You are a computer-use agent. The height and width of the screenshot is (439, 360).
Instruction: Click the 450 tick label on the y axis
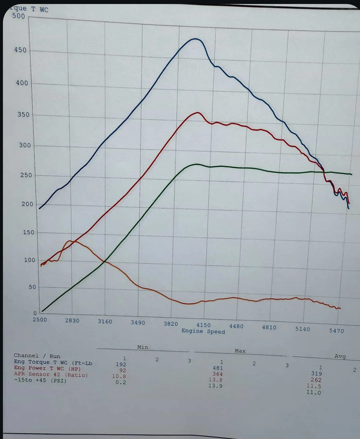[20, 50]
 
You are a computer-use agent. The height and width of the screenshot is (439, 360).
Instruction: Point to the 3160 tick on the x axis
[105, 322]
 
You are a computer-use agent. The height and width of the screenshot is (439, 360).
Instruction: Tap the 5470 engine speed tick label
[337, 331]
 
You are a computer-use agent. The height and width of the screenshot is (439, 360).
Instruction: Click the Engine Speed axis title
[203, 331]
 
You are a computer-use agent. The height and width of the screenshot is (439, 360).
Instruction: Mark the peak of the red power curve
[197, 113]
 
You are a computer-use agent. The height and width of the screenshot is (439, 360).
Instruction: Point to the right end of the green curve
[351, 174]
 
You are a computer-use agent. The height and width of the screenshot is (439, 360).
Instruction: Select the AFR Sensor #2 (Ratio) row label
[51, 375]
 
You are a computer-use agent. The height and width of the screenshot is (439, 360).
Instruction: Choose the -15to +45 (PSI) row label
[40, 381]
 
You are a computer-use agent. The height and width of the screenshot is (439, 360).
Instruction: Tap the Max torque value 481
[218, 368]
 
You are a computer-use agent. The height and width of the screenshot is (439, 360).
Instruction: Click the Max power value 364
[217, 374]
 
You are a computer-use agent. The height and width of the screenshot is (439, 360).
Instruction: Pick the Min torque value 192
[121, 364]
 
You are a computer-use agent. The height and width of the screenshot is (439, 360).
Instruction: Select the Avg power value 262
[316, 380]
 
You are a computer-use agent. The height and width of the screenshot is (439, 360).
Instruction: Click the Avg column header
[340, 356]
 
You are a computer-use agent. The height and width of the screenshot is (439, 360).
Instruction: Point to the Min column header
[143, 347]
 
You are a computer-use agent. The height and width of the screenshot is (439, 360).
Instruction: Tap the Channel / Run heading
[37, 356]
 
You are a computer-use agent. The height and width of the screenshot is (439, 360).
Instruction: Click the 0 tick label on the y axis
[35, 313]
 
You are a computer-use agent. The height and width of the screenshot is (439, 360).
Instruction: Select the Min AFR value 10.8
[119, 376]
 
